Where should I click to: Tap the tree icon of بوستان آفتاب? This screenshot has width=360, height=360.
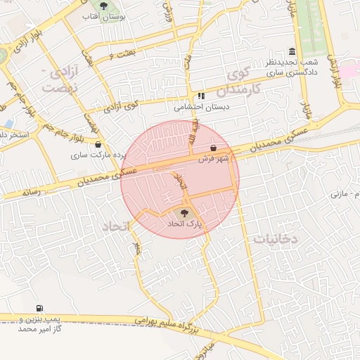coord(105,6)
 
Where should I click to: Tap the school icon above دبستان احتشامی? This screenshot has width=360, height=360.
coord(202,96)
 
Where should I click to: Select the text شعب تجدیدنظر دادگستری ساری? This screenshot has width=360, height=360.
coord(291,67)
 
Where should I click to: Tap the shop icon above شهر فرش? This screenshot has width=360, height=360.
coord(213,148)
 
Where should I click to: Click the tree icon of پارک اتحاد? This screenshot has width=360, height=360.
coord(184,211)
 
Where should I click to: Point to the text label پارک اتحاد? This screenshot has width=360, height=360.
coord(184,223)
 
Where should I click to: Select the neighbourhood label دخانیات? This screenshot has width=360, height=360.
coord(276,239)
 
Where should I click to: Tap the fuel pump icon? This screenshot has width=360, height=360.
coord(38,309)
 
